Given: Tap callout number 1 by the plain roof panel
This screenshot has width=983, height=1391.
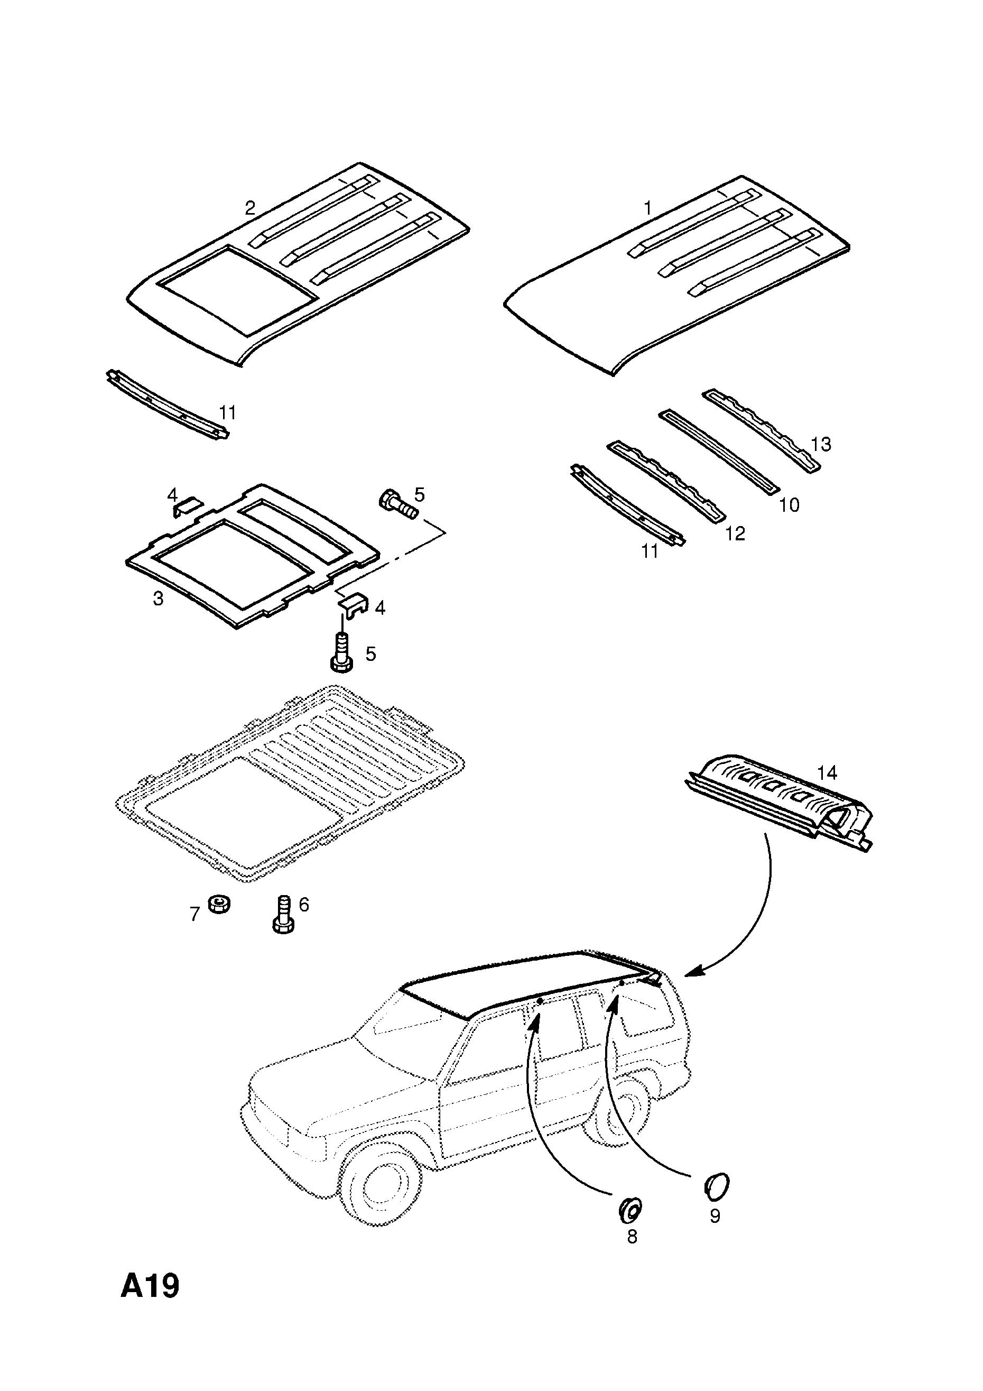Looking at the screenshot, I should click(x=647, y=208).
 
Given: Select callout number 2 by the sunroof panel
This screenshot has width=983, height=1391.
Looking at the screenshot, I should click(x=250, y=208).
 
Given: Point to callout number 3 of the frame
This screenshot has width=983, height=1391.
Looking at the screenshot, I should click(x=158, y=598).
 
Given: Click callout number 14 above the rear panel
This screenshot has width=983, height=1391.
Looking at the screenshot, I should click(x=827, y=772).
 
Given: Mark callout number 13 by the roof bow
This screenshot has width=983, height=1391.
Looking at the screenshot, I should click(x=821, y=444).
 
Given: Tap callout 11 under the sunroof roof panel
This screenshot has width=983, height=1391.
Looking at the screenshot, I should click(x=227, y=412).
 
